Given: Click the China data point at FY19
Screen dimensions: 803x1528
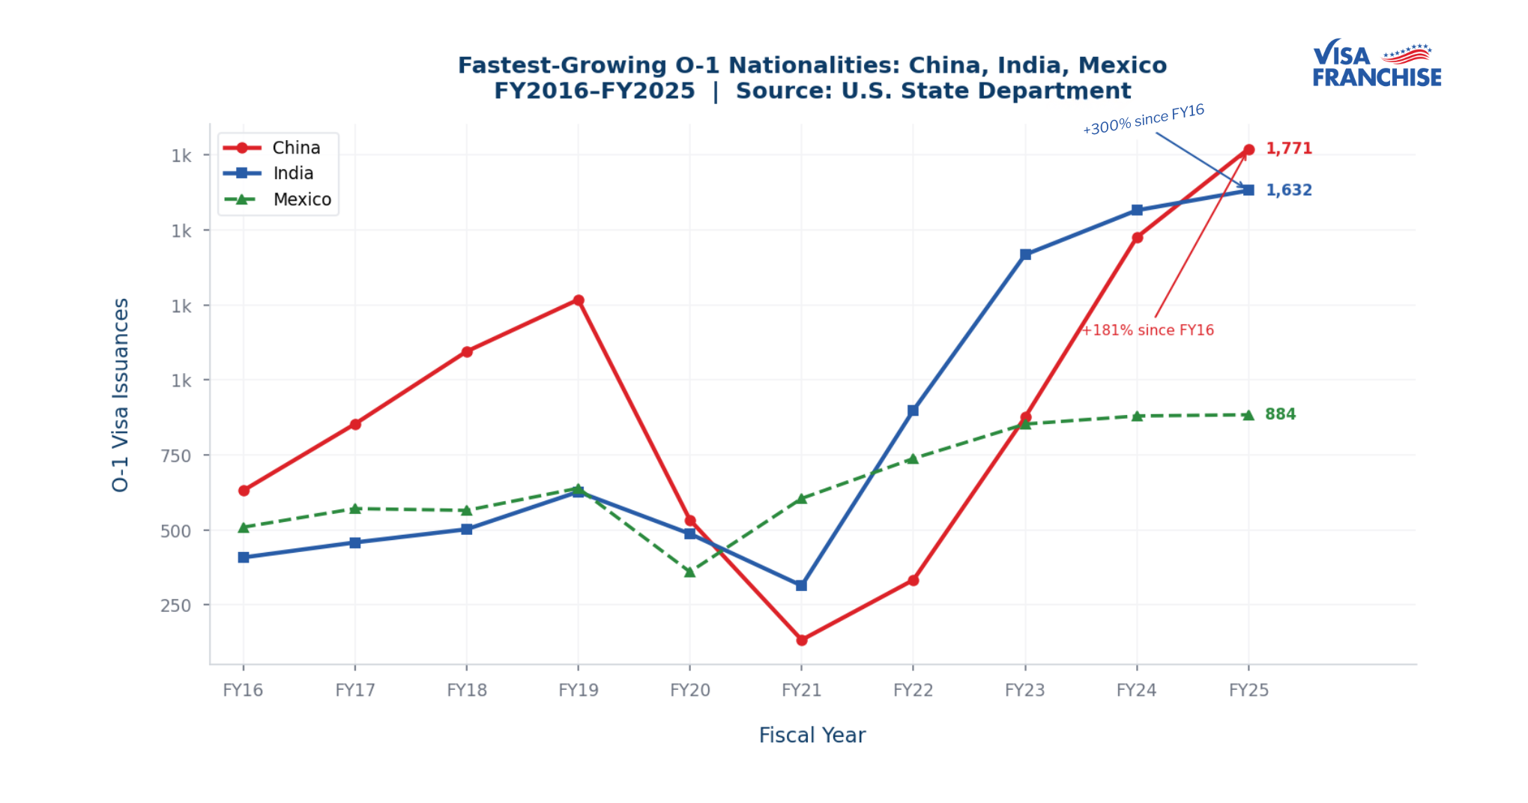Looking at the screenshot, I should click(579, 300).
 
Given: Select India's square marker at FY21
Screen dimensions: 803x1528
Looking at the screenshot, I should click(801, 585).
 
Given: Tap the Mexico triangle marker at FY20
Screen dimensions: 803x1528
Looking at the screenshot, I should click(690, 572).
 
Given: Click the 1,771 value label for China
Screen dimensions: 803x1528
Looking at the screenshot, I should click(1288, 148).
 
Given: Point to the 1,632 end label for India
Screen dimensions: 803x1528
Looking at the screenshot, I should click(1288, 190).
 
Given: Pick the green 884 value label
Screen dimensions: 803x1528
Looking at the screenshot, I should click(1280, 414).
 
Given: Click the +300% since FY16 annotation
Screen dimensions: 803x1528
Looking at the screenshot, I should click(1143, 120).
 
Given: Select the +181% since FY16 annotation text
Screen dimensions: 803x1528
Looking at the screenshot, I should click(1147, 330).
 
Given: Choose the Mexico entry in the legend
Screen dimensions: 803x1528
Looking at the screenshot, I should click(301, 199).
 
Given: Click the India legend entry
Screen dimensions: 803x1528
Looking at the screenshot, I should click(293, 173).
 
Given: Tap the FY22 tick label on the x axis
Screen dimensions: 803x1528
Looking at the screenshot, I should click(913, 690).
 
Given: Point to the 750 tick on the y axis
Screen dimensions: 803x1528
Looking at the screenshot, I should click(176, 455).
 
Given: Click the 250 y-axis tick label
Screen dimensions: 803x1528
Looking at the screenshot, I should click(176, 605).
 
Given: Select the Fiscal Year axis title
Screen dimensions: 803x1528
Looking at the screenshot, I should click(812, 735).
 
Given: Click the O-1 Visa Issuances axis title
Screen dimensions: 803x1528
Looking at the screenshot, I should click(121, 395).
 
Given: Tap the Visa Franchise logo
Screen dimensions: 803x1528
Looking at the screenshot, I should click(1376, 64).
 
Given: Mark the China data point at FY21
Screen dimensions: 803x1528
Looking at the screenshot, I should click(801, 640).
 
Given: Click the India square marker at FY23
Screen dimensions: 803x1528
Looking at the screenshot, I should click(1025, 255).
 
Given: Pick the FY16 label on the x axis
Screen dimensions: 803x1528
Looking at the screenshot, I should click(243, 690).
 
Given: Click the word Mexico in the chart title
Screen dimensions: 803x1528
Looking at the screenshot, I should click(1122, 66).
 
